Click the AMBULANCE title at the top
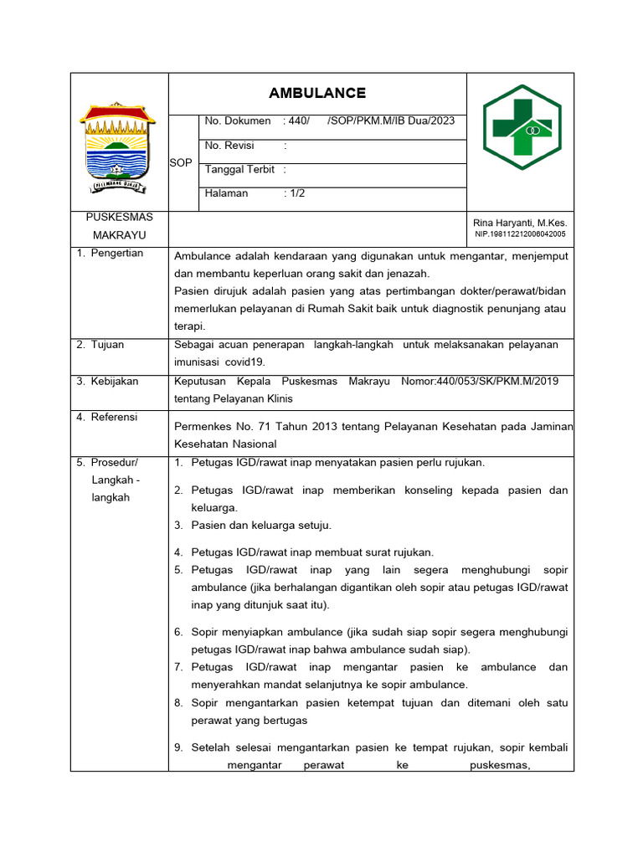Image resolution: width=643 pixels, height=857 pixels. click(x=316, y=93)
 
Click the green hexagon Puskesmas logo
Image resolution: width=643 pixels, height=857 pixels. click(x=522, y=127)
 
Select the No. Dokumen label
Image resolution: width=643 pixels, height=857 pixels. click(x=237, y=121)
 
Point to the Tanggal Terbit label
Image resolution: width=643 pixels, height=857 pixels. click(x=239, y=169)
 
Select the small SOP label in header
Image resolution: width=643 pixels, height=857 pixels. click(x=181, y=162)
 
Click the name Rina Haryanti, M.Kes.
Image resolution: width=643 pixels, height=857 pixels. click(x=520, y=223)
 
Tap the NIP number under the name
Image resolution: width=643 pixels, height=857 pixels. click(x=520, y=234)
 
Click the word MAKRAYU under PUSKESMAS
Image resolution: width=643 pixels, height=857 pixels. click(x=119, y=236)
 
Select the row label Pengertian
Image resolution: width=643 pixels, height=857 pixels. click(x=117, y=253)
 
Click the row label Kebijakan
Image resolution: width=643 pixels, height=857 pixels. click(x=115, y=381)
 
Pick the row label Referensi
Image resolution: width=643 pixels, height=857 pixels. click(x=115, y=417)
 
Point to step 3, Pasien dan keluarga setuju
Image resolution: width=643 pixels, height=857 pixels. click(x=261, y=526)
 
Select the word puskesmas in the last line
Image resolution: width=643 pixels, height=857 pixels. click(x=500, y=763)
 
